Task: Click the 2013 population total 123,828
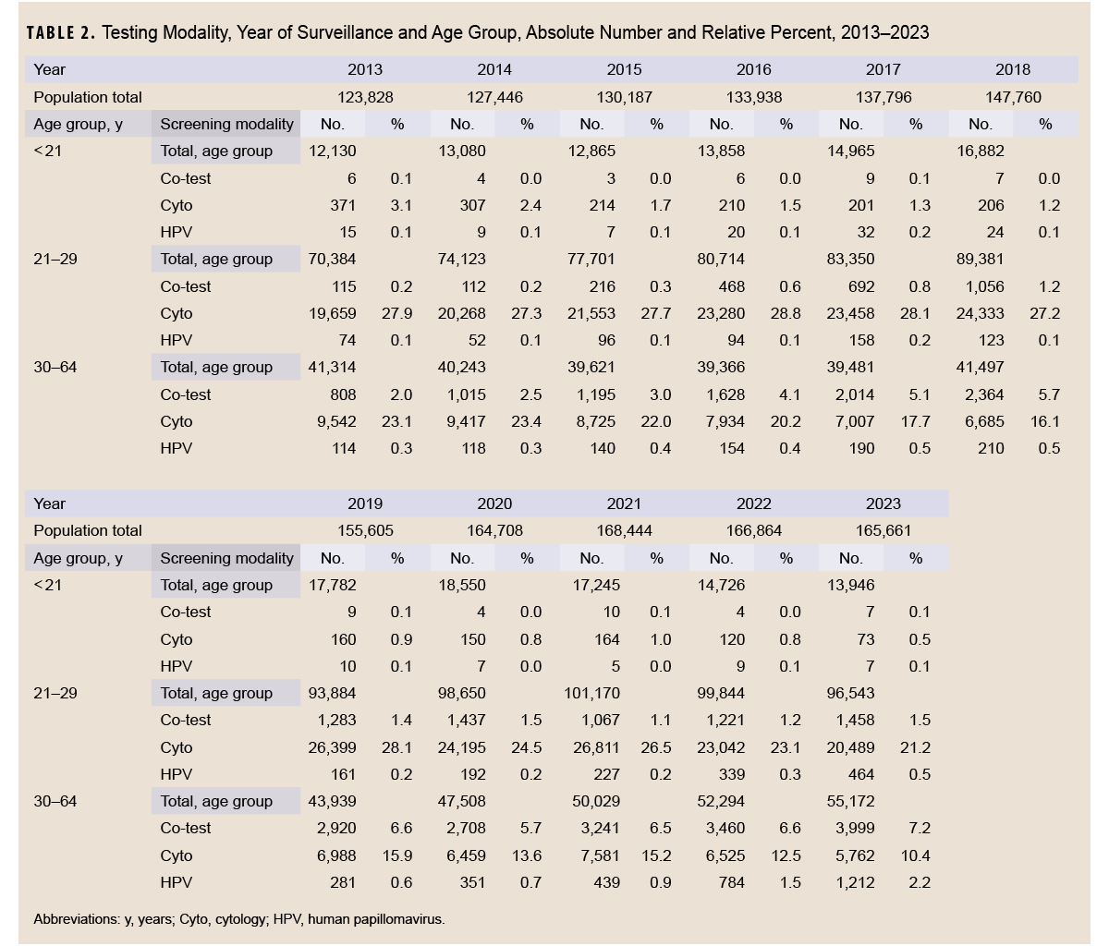364,97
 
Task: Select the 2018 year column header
1013,69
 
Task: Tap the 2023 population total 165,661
883,530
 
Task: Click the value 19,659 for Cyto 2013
332,313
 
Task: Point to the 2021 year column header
624,503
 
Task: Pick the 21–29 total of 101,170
591,693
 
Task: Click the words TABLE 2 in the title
60,32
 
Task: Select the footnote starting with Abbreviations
238,919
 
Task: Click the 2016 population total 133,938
753,97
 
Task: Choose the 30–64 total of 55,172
850,801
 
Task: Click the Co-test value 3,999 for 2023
851,828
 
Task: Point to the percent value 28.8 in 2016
786,313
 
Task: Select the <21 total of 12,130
332,151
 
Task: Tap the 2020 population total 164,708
494,530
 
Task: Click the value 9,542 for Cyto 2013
335,421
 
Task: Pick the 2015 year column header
624,69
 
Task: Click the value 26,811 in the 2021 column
591,747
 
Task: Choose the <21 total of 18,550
462,585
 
